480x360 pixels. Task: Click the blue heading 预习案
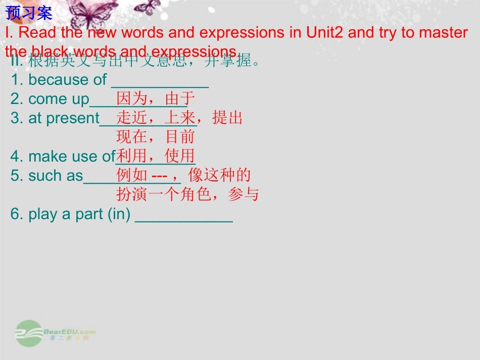[29, 12]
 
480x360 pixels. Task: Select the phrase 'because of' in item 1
[68, 80]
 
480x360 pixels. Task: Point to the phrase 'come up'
[59, 99]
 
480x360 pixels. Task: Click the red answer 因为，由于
[156, 98]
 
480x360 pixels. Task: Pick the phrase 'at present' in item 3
[64, 118]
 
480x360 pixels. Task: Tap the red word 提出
[228, 118]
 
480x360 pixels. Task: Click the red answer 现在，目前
[156, 137]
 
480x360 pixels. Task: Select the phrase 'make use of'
[72, 157]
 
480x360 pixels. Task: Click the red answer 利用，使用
[156, 156]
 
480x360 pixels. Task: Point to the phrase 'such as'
[56, 176]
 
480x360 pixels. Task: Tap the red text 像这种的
[220, 175]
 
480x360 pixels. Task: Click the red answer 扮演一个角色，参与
[187, 194]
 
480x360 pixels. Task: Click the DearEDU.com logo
[56, 333]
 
